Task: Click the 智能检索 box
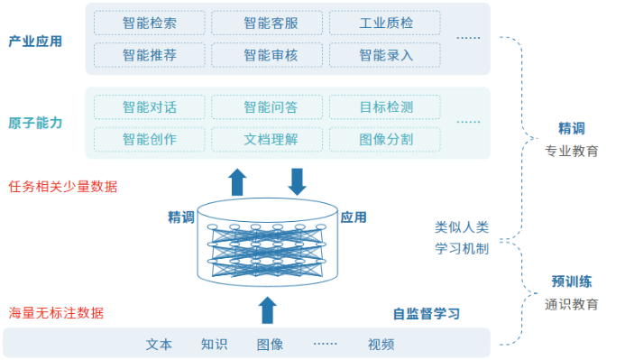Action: (x=149, y=23)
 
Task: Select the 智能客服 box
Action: (x=268, y=23)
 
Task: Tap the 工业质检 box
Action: (x=385, y=23)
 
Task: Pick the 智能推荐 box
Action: (x=149, y=55)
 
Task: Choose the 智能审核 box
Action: (x=268, y=55)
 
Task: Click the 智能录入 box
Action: (x=385, y=55)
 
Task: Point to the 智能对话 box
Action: (x=149, y=107)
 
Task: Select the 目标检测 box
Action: (x=385, y=107)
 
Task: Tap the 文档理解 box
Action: (x=268, y=140)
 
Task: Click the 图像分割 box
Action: (x=385, y=140)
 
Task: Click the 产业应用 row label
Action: (x=35, y=41)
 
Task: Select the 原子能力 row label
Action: (x=35, y=123)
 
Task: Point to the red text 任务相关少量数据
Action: (x=62, y=187)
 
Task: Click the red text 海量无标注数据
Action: (x=56, y=313)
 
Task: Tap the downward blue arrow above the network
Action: (x=297, y=180)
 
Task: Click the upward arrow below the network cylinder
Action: (x=267, y=309)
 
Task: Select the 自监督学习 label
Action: (x=426, y=314)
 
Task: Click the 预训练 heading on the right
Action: (x=572, y=282)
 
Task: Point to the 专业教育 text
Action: (x=572, y=151)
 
